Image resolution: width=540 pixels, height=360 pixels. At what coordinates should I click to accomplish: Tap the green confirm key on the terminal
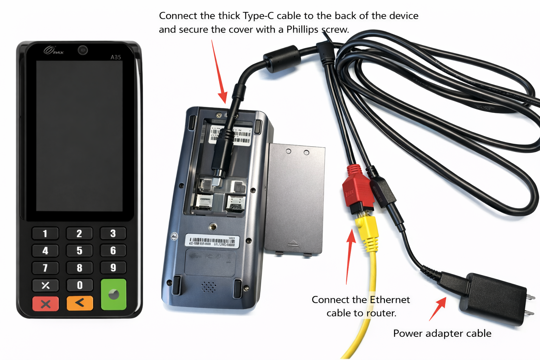click(x=113, y=294)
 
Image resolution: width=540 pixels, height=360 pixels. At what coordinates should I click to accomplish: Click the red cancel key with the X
click(x=45, y=304)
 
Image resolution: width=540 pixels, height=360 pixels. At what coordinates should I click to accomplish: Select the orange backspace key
click(x=80, y=303)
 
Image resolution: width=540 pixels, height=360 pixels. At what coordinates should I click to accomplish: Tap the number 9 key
click(x=113, y=268)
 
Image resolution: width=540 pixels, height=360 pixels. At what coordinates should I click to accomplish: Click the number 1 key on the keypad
click(x=45, y=233)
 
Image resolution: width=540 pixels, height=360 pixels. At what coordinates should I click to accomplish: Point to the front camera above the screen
click(x=83, y=50)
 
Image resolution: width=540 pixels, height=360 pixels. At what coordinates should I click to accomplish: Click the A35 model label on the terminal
click(x=116, y=57)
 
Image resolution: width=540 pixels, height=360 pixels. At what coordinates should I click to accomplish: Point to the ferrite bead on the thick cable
click(x=282, y=58)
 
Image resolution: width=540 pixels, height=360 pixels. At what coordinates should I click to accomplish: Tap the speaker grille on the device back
click(x=209, y=287)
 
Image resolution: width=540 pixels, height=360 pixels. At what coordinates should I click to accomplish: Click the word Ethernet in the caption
click(x=390, y=300)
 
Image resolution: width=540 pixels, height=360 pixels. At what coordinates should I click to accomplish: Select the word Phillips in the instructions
click(x=302, y=30)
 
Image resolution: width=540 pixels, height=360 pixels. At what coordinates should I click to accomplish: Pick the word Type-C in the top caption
click(x=258, y=16)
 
